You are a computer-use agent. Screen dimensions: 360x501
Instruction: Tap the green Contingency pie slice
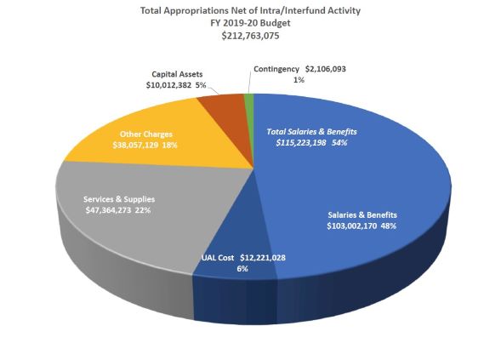(x=249, y=101)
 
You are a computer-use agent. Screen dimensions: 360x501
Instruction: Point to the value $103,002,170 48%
(x=362, y=226)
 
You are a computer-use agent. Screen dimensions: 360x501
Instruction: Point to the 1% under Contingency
(x=299, y=80)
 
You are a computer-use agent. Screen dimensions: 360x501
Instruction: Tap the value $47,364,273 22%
(x=118, y=209)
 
